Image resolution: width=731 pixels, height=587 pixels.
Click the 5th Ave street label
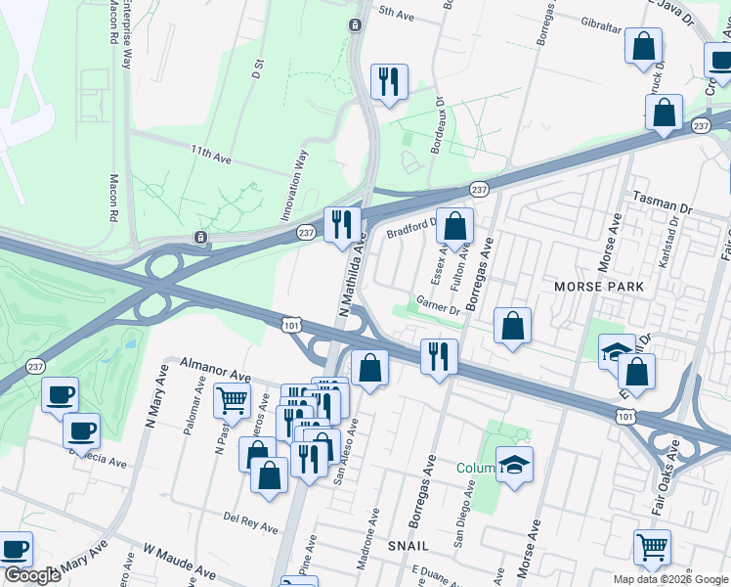(x=398, y=13)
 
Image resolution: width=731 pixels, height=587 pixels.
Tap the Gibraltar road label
(x=598, y=26)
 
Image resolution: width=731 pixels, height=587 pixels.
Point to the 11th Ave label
(x=211, y=155)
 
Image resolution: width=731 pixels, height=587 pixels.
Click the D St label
(x=258, y=68)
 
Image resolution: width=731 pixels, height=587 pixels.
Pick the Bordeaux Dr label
(x=439, y=124)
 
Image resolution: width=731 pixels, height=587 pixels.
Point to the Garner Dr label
(x=438, y=306)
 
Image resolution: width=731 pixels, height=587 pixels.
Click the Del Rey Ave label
(x=250, y=520)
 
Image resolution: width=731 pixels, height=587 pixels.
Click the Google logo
(x=31, y=576)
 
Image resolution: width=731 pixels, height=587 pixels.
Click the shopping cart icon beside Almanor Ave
(x=232, y=398)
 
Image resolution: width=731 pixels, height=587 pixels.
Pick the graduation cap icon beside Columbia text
(x=514, y=464)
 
